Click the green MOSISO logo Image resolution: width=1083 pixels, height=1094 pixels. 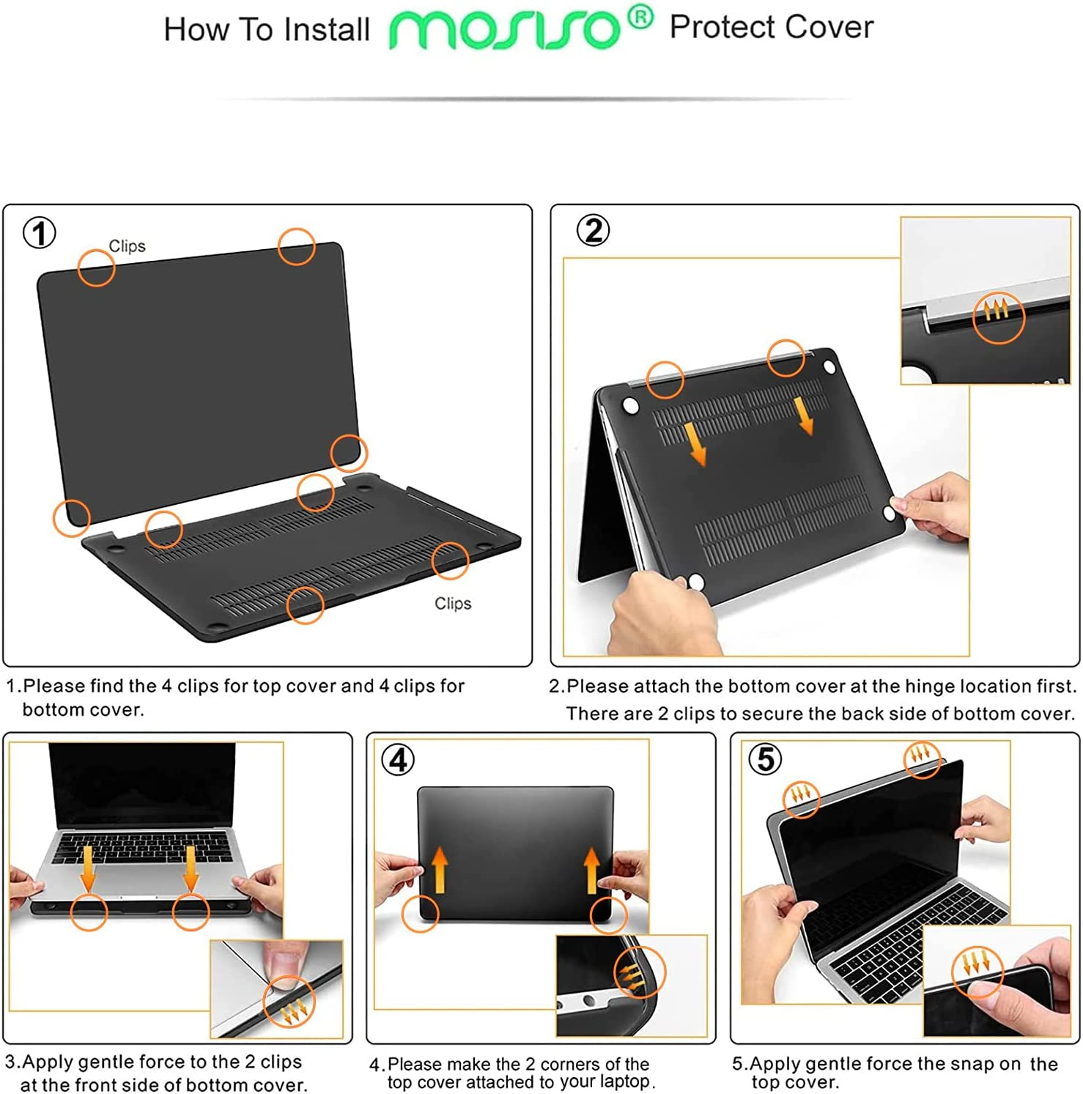[x=504, y=30]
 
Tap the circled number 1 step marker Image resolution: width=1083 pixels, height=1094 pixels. [x=40, y=234]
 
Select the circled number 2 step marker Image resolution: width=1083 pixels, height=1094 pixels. [x=593, y=231]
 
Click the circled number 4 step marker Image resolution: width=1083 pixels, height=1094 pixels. [x=398, y=760]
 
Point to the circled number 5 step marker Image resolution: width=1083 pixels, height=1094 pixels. [x=764, y=759]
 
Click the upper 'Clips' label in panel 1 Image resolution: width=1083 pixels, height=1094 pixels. [x=127, y=246]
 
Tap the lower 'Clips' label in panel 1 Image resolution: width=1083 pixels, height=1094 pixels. [x=453, y=603]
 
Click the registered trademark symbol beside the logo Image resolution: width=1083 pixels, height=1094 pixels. [x=640, y=18]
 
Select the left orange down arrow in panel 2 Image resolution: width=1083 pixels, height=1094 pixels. [x=697, y=443]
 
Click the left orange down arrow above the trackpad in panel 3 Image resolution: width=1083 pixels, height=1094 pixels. [x=88, y=868]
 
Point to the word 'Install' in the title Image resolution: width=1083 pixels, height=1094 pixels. [x=327, y=30]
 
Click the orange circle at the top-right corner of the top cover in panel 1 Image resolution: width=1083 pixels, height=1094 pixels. [x=297, y=246]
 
